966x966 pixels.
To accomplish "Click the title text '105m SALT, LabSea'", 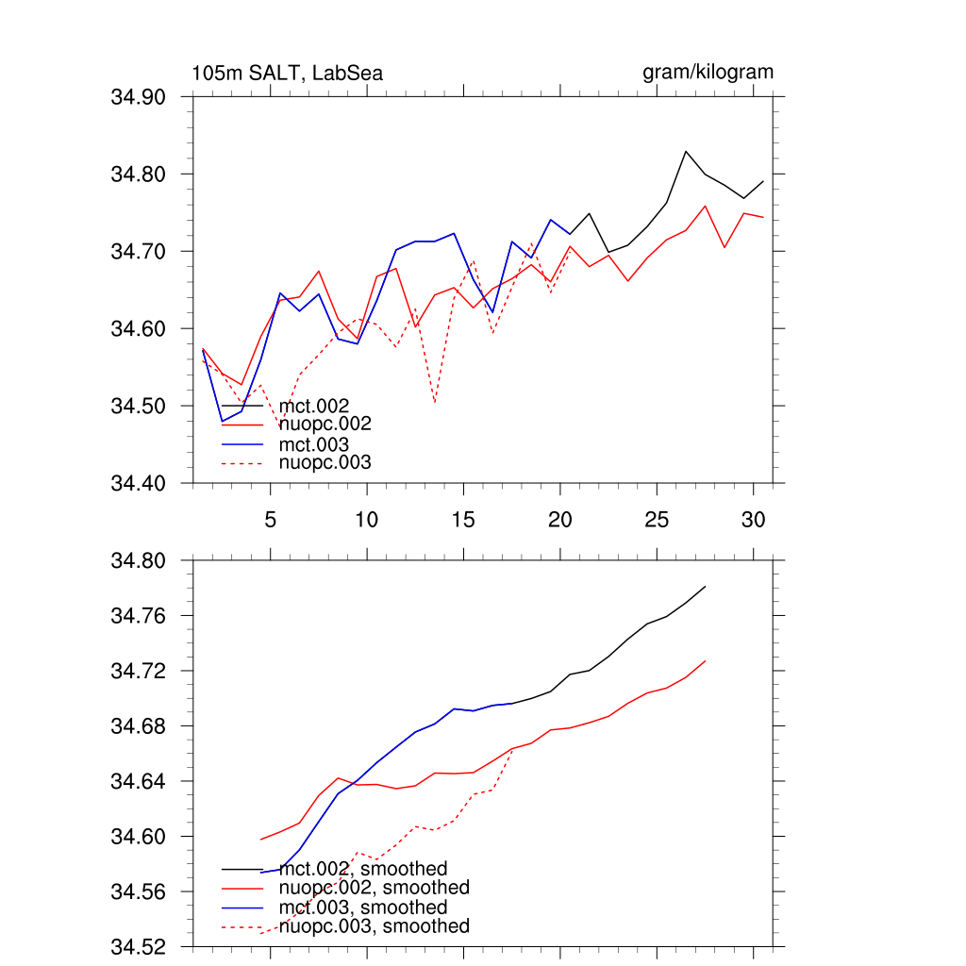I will point(287,74).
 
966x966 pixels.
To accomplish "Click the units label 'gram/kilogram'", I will point(708,73).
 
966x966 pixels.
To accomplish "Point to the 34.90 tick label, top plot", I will point(139,97).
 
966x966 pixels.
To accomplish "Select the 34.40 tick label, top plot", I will point(139,484).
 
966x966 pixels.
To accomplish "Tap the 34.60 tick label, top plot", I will point(139,329).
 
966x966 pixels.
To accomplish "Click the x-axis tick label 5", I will point(270,520).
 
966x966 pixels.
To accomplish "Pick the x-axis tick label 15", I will point(463,520).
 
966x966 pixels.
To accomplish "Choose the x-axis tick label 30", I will point(753,520).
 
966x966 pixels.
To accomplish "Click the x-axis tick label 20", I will point(560,520).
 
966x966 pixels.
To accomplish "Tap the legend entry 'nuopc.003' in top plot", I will point(325,462).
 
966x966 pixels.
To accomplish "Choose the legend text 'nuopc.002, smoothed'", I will point(375,888).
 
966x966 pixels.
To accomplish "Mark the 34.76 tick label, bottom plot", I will point(139,616).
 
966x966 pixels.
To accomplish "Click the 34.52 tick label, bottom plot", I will point(139,947).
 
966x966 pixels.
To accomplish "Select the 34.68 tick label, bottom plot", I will point(139,726).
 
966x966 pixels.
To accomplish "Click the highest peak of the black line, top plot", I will point(686,151).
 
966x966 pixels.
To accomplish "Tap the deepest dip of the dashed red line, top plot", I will point(434,404).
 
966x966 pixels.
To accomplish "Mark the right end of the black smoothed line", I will point(706,587).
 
